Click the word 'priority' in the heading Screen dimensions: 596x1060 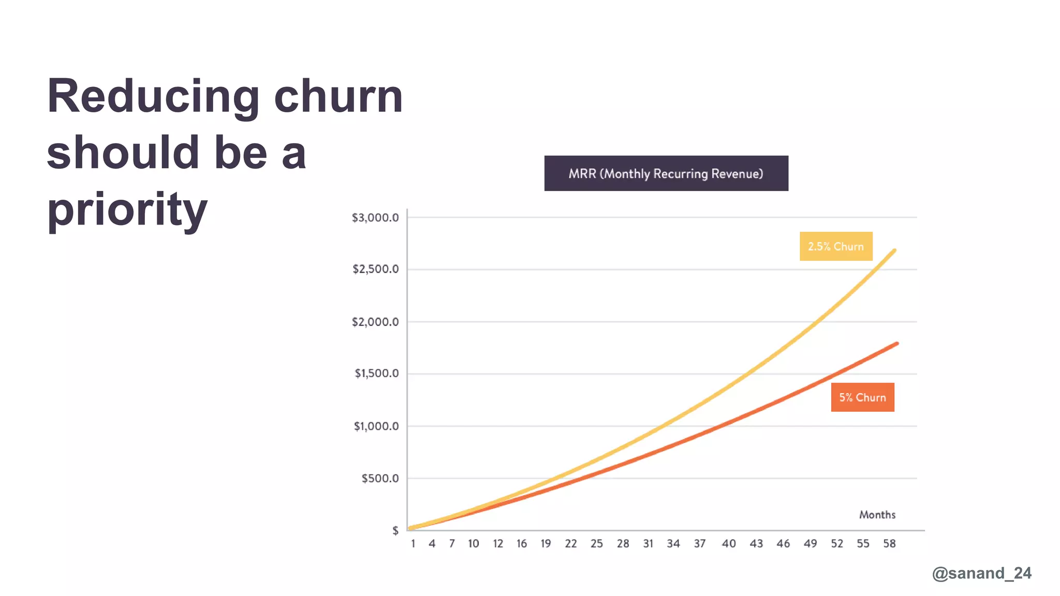127,210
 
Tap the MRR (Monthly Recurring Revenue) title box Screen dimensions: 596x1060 666,173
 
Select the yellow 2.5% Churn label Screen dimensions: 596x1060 836,246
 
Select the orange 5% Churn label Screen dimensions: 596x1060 862,397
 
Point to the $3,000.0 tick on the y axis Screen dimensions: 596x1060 375,218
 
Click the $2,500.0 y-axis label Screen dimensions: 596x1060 375,270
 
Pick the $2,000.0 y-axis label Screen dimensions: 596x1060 375,322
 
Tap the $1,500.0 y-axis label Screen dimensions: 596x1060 376,374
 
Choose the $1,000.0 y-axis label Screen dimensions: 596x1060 376,426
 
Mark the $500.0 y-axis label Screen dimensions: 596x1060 380,479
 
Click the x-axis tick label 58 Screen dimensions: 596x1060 889,544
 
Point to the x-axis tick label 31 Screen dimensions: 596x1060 648,544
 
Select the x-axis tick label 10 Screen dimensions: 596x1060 473,544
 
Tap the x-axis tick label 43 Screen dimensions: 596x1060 756,544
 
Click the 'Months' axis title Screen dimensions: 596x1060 877,515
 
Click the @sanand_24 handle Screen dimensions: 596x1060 981,573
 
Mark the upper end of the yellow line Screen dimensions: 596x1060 894,251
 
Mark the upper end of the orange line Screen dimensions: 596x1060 896,344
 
